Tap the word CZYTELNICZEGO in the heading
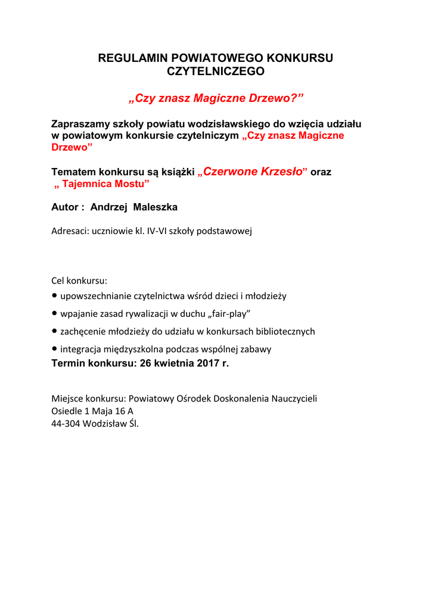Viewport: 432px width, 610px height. coord(215,71)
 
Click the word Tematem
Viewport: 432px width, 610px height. coord(73,172)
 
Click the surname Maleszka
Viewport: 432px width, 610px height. coord(156,207)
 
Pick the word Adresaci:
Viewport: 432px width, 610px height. coord(70,231)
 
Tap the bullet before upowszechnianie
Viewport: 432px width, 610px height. coord(55,295)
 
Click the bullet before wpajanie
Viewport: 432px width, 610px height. coord(55,313)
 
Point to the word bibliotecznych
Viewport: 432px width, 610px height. coord(285,331)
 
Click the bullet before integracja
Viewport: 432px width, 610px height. coord(55,349)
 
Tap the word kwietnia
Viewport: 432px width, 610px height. coord(175,363)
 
